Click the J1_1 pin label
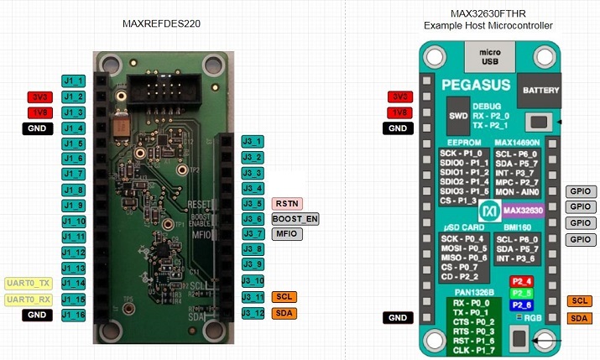73,81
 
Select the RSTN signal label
287,203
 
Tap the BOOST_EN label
294,219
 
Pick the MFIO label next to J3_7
285,234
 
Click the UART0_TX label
29,284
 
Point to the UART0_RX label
29,299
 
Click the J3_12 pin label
253,313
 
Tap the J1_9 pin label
73,206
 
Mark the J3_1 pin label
253,141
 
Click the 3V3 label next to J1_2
40,97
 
